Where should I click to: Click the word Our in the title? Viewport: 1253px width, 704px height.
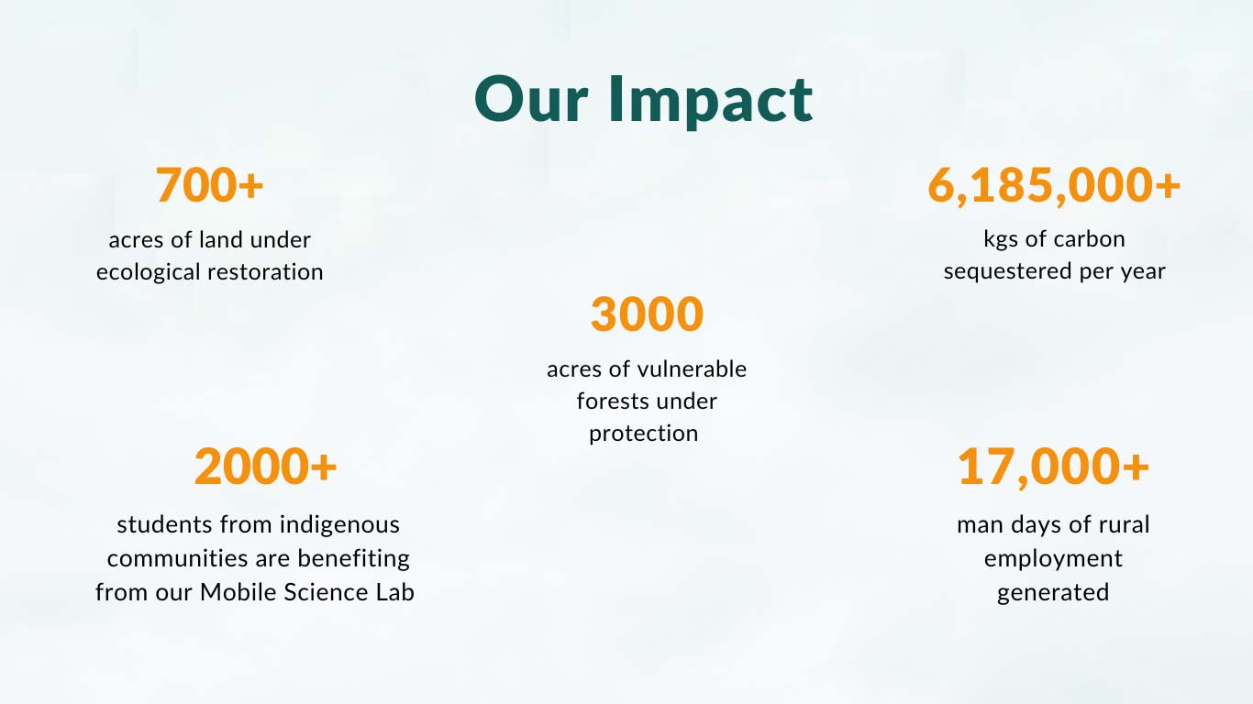point(531,100)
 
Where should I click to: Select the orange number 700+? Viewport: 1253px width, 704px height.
point(209,185)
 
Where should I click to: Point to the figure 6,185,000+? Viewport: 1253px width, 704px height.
point(1054,186)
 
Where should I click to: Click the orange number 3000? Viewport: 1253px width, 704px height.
point(648,314)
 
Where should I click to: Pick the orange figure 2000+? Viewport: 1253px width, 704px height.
point(266,467)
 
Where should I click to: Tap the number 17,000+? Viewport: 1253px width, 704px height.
point(1053,467)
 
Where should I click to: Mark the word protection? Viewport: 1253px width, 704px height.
point(643,434)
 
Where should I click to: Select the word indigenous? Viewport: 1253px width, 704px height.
point(339,525)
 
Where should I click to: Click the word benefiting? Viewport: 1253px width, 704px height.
point(353,559)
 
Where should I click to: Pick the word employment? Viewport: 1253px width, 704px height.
point(1053,559)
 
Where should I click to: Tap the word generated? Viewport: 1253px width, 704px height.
point(1053,593)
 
